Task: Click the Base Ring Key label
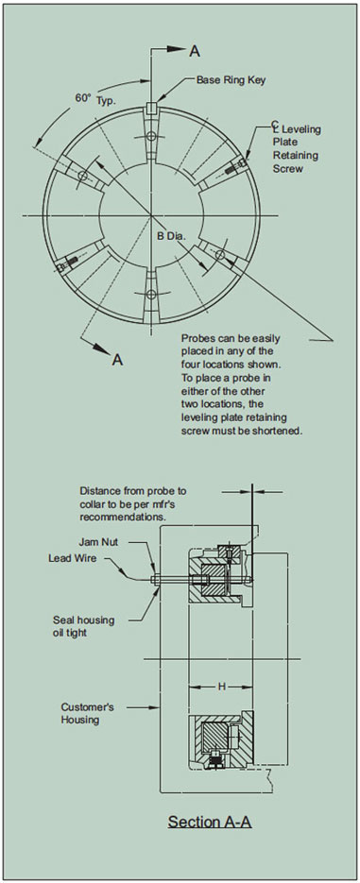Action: click(231, 80)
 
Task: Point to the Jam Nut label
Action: click(98, 542)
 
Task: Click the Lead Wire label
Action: click(71, 559)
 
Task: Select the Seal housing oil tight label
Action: click(83, 625)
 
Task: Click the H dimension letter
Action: click(221, 687)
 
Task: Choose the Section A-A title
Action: click(210, 822)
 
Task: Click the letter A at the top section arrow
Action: click(195, 51)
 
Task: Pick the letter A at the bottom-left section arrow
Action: click(117, 359)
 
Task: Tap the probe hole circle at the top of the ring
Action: click(150, 136)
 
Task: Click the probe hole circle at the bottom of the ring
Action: click(150, 294)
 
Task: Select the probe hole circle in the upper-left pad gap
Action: click(83, 176)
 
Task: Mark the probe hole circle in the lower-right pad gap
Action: click(220, 255)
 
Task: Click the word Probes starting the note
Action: click(195, 339)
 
